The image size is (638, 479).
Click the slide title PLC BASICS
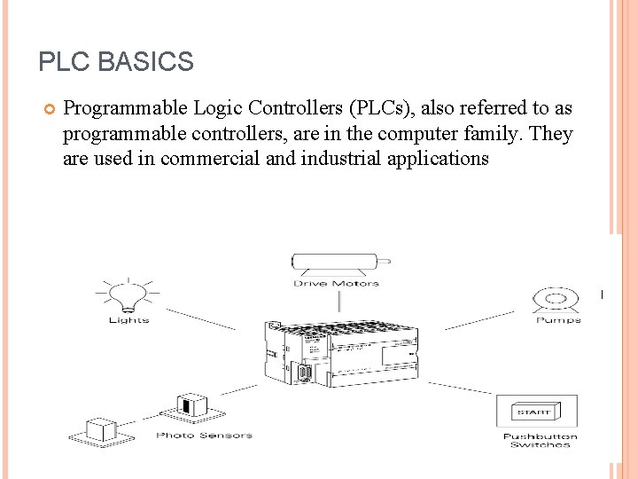coord(116,62)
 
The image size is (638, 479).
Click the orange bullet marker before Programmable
coord(49,109)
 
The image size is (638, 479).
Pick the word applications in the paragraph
coord(441,160)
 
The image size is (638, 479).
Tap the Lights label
coord(128,320)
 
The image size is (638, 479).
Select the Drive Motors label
coord(336,284)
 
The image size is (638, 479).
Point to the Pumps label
coord(558,320)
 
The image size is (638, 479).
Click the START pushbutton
coord(535,412)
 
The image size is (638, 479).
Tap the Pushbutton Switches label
coord(540,440)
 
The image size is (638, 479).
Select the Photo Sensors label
coord(204,436)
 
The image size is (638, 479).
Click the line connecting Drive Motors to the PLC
coord(336,302)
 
